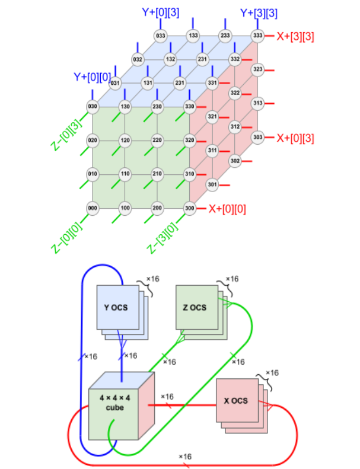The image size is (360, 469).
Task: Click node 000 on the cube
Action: click(x=92, y=208)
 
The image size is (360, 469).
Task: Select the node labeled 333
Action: click(x=257, y=36)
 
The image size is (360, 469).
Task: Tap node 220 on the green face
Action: click(x=157, y=141)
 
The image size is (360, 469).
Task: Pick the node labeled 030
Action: click(x=92, y=107)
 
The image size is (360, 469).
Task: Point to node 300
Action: click(x=190, y=208)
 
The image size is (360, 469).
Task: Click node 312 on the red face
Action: click(x=235, y=126)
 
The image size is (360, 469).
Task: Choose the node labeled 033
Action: click(x=160, y=36)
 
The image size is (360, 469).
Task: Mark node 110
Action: click(x=125, y=174)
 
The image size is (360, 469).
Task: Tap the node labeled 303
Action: click(x=257, y=137)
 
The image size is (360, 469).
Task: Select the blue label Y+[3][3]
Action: click(x=259, y=12)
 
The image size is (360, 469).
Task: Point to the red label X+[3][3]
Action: click(x=295, y=36)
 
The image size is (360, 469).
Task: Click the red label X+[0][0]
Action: click(x=228, y=209)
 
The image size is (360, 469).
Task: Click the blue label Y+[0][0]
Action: click(x=93, y=76)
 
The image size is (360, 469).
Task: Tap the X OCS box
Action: click(x=235, y=400)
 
